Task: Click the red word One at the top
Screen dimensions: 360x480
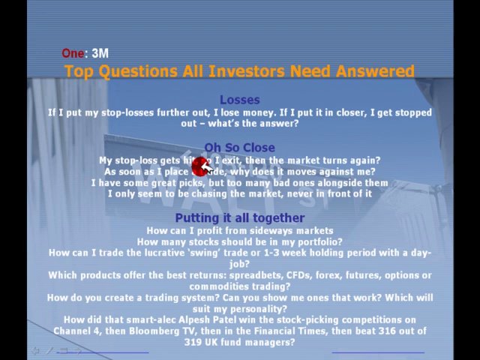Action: tap(72, 53)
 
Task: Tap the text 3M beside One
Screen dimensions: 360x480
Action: tap(100, 53)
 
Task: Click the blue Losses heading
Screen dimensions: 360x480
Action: tap(239, 100)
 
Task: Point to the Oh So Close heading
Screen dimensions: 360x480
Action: tap(239, 148)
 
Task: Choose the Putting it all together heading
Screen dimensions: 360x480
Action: tap(239, 217)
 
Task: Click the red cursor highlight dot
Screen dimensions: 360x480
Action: tap(200, 164)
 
